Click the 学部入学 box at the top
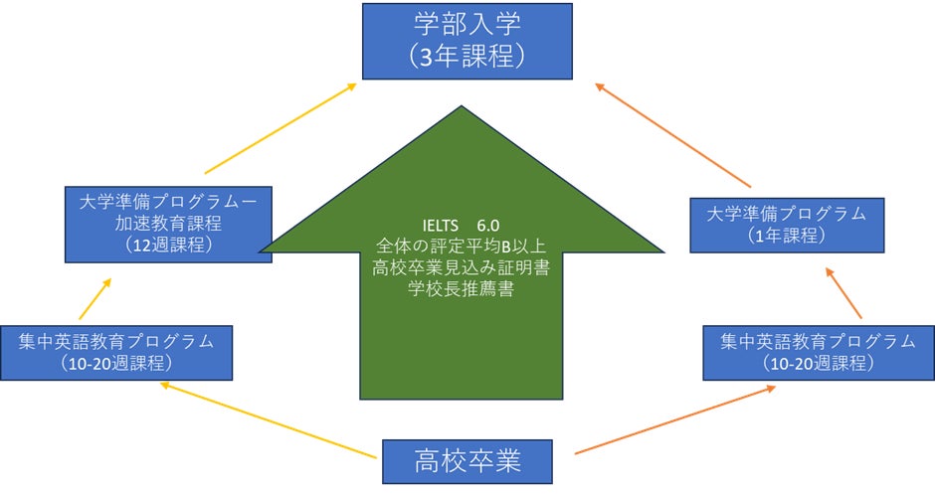[467, 41]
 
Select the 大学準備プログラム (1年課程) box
[778, 224]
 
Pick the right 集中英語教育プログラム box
[818, 352]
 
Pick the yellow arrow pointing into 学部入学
[280, 128]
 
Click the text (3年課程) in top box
[467, 57]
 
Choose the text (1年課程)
[778, 235]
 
